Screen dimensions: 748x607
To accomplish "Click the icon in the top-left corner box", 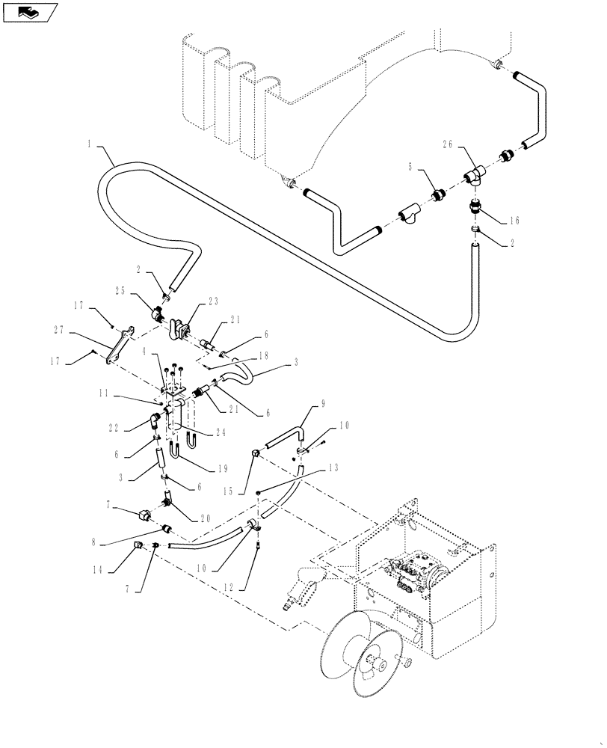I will click(x=28, y=13).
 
